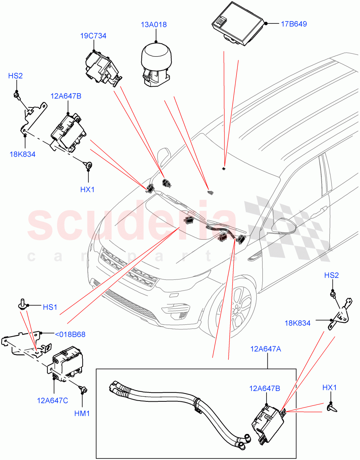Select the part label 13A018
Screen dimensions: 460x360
point(154,25)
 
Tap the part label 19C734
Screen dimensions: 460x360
point(93,36)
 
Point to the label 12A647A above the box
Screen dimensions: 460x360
point(266,349)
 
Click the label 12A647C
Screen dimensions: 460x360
point(52,401)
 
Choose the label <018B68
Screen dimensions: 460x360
point(70,334)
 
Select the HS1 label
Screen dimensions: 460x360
point(50,307)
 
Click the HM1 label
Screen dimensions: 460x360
point(82,414)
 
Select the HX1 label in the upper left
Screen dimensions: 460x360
point(87,189)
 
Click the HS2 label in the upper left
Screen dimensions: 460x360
point(15,76)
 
